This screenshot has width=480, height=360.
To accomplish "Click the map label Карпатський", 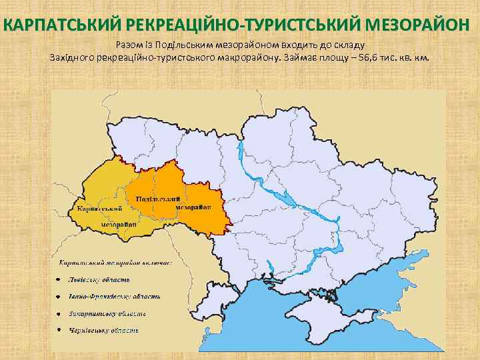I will pyautogui.click(x=99, y=209).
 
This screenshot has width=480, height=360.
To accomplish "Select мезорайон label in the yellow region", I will pyautogui.click(x=119, y=225).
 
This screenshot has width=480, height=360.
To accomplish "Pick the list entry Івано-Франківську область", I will pyautogui.click(x=114, y=296).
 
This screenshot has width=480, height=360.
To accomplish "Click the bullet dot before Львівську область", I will pyautogui.click(x=59, y=279).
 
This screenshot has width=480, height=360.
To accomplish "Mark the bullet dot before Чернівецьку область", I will pyautogui.click(x=59, y=330).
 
